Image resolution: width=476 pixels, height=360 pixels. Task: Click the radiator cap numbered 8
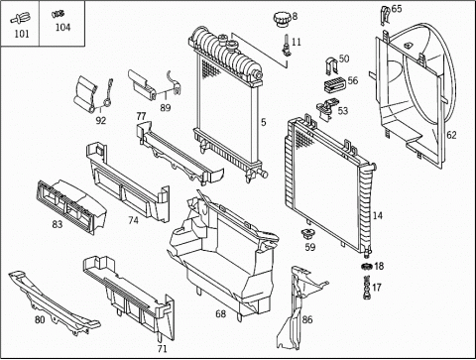pyautogui.click(x=282, y=20)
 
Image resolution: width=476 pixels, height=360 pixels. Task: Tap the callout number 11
pyautogui.click(x=297, y=42)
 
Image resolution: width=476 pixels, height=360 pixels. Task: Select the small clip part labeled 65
pyautogui.click(x=385, y=16)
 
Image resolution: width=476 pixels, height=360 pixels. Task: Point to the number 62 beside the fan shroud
pyautogui.click(x=451, y=135)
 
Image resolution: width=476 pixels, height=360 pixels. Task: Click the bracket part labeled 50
pyautogui.click(x=331, y=66)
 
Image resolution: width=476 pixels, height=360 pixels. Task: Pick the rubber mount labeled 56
pyautogui.click(x=334, y=84)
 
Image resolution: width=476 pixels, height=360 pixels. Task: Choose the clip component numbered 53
pyautogui.click(x=326, y=108)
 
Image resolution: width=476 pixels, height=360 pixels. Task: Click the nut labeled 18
pyautogui.click(x=367, y=266)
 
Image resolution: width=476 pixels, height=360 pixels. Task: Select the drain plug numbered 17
pyautogui.click(x=367, y=288)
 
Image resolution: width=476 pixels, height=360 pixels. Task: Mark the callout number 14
pyautogui.click(x=378, y=215)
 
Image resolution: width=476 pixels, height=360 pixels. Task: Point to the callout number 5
pyautogui.click(x=263, y=122)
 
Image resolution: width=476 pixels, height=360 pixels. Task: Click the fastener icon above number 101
pyautogui.click(x=21, y=19)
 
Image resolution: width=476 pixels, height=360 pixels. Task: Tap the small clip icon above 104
pyautogui.click(x=58, y=14)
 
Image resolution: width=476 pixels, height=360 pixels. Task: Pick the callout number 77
pyautogui.click(x=141, y=116)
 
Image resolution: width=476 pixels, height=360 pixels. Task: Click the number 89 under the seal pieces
pyautogui.click(x=166, y=108)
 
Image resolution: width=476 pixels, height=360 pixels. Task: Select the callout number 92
pyautogui.click(x=101, y=121)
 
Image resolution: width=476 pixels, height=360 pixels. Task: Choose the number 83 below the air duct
pyautogui.click(x=58, y=224)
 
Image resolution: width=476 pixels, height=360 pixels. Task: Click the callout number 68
pyautogui.click(x=220, y=313)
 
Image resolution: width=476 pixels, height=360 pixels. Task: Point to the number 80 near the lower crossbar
pyautogui.click(x=40, y=319)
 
